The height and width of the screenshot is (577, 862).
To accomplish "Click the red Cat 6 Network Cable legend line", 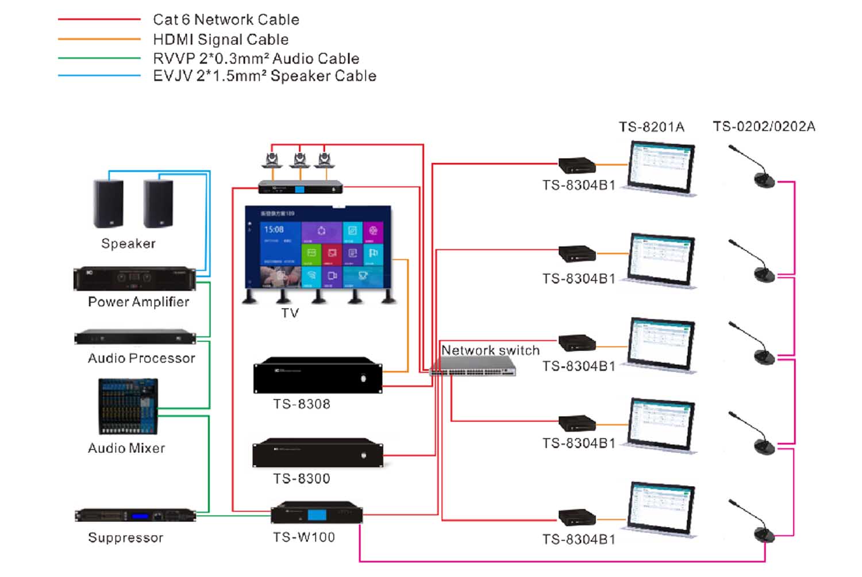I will [x=99, y=20].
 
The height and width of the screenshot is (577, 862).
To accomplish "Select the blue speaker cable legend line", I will [x=99, y=75].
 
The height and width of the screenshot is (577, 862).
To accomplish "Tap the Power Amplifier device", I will [x=134, y=279].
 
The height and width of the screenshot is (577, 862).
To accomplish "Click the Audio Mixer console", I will [x=128, y=406].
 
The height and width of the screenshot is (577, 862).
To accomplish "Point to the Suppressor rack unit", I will [x=135, y=516].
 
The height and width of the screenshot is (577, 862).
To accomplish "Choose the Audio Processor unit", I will [x=135, y=337].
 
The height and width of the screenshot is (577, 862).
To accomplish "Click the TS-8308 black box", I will [x=318, y=376].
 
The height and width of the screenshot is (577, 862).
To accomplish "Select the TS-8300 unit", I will [x=318, y=453].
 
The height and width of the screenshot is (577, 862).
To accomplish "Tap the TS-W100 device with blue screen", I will [x=317, y=513].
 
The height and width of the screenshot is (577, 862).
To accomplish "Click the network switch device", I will [x=472, y=366].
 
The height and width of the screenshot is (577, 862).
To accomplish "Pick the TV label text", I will [x=290, y=313].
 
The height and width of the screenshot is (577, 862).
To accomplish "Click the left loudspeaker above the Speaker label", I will [x=108, y=204].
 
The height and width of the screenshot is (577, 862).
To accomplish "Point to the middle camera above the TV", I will [x=299, y=159].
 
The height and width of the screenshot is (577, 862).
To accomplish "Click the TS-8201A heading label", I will [x=651, y=127].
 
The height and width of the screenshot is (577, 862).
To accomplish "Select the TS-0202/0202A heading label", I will [x=764, y=126].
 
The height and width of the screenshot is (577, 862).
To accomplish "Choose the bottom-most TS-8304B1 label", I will [x=579, y=540].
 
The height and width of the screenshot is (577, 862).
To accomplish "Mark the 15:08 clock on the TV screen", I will [x=274, y=229].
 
